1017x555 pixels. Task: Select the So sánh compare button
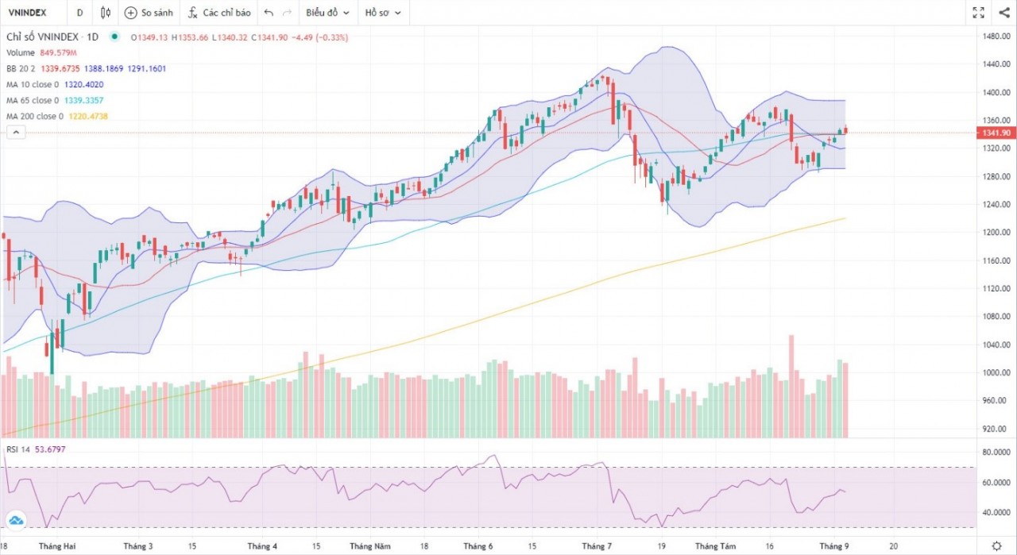coord(150,13)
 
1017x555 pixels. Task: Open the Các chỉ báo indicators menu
coord(219,13)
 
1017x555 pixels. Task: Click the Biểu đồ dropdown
coord(327,13)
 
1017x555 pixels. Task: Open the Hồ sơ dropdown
coord(383,13)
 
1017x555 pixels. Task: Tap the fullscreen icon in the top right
coord(979,13)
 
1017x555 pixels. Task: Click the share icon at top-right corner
coord(1002,13)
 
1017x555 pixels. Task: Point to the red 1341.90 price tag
coord(994,133)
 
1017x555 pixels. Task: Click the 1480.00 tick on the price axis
coord(995,37)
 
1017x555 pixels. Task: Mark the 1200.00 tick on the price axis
coord(995,233)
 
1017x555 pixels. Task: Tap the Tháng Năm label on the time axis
coord(370,546)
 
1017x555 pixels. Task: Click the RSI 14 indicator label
coord(17,450)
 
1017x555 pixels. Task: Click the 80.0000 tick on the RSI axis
coord(995,453)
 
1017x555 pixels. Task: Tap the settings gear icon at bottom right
coord(996,545)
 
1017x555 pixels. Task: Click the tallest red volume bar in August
coord(791,387)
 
